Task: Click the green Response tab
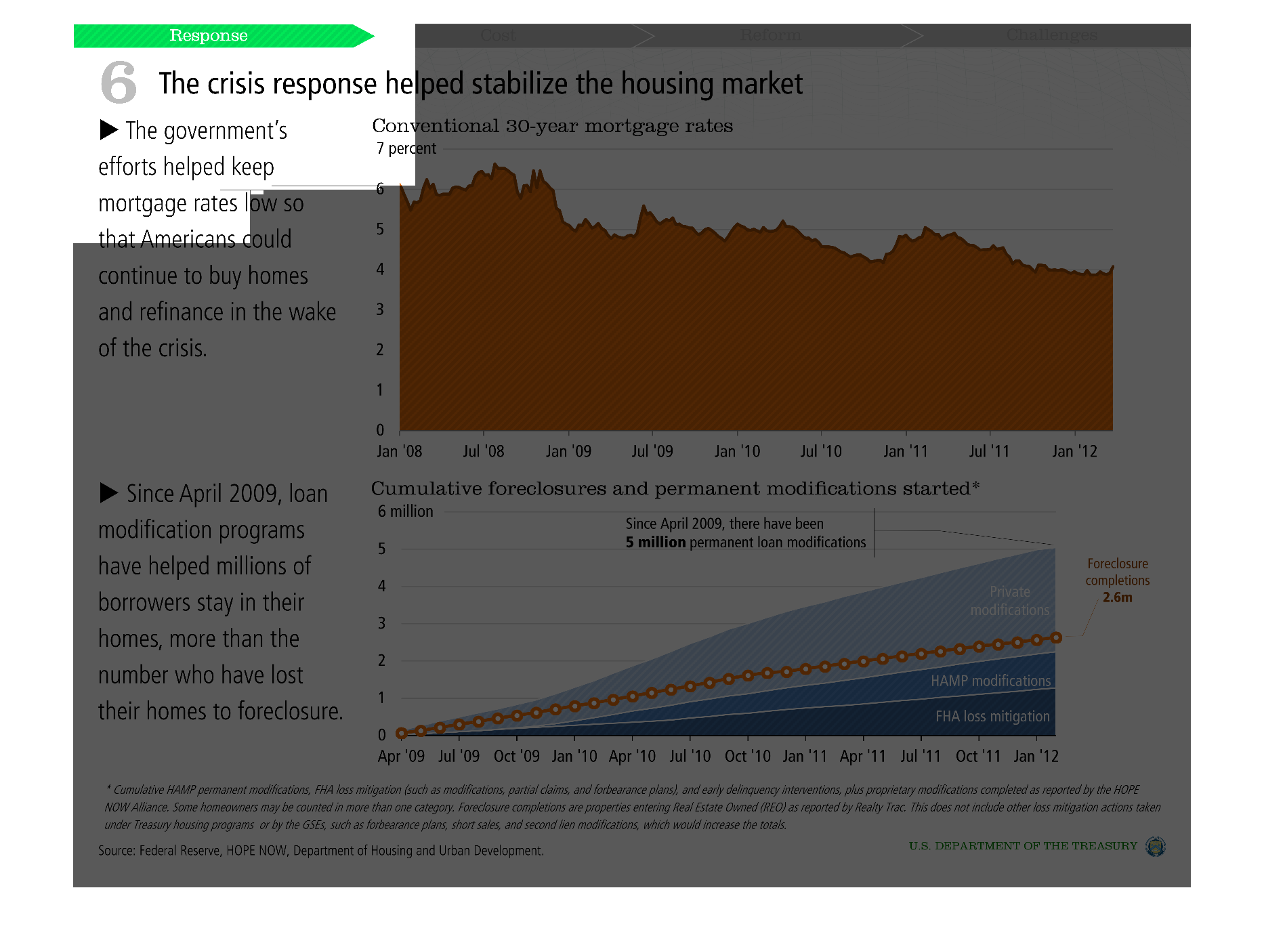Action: tap(209, 36)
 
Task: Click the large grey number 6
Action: tap(119, 82)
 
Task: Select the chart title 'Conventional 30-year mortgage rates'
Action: tap(552, 126)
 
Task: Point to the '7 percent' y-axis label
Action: tap(406, 148)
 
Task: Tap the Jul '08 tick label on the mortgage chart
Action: tap(483, 451)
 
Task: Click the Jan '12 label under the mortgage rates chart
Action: tap(1074, 451)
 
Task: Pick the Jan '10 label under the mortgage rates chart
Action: tap(737, 451)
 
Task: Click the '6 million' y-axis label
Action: tap(405, 511)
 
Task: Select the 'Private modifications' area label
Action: tap(1009, 601)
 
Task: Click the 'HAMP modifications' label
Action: tap(990, 681)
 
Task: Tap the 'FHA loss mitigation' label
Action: tap(992, 716)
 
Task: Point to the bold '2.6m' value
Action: tap(1117, 597)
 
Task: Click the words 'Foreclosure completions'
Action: tap(1118, 572)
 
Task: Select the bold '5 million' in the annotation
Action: tap(656, 543)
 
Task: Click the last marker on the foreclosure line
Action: tap(1055, 637)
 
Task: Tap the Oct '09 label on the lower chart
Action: tap(516, 756)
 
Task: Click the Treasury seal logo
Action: tap(1155, 847)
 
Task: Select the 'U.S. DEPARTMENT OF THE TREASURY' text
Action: tap(1023, 846)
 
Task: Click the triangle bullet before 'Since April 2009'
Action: tap(109, 492)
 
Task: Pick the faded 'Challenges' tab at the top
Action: tap(1051, 35)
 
